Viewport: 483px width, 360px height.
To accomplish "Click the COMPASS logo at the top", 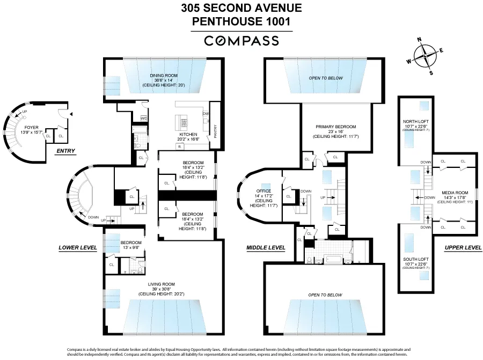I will pos(241,41).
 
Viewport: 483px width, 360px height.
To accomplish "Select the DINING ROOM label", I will pos(164,76).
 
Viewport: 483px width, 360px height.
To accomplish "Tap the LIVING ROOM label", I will pos(162,284).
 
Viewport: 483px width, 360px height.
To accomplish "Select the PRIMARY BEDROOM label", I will pos(336,127).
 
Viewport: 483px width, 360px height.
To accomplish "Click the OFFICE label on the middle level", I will pos(263,191).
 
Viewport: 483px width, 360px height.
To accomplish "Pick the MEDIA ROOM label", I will pos(455,192).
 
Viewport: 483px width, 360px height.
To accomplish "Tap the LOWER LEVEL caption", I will pos(78,248).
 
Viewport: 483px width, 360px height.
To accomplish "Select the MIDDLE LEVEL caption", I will pos(266,248).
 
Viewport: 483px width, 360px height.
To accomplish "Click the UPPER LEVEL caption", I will pos(463,248).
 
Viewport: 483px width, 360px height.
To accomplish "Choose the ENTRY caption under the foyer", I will pos(65,151).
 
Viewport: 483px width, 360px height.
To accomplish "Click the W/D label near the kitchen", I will pos(144,118).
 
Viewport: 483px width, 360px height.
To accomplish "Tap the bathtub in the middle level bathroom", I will pos(328,261).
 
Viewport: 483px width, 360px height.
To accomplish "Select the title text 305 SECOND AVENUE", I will pos(241,8).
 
